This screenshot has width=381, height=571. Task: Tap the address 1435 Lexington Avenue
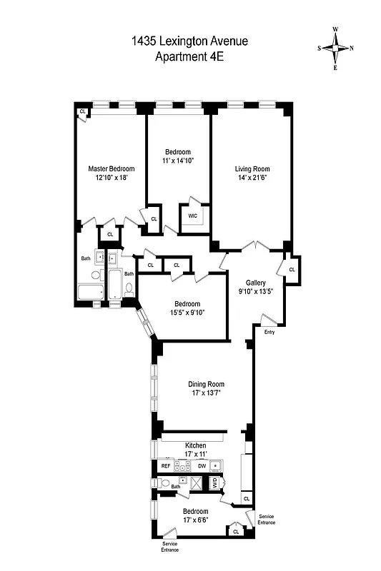coord(189,42)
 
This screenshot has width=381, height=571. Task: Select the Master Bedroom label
coord(111,168)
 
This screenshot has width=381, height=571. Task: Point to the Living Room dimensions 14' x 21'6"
coord(252,179)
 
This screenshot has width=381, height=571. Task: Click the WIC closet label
coord(192,215)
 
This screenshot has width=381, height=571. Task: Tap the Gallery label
coord(255,283)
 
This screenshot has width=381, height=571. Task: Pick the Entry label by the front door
coord(269,333)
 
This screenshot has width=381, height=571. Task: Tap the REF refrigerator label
coord(165,465)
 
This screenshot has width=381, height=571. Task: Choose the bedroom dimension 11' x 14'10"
coord(178,161)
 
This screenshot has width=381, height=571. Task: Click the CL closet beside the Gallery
coord(292,269)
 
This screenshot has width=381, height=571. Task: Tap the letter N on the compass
coord(351,49)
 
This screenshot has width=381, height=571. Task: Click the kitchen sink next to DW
coord(233,465)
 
